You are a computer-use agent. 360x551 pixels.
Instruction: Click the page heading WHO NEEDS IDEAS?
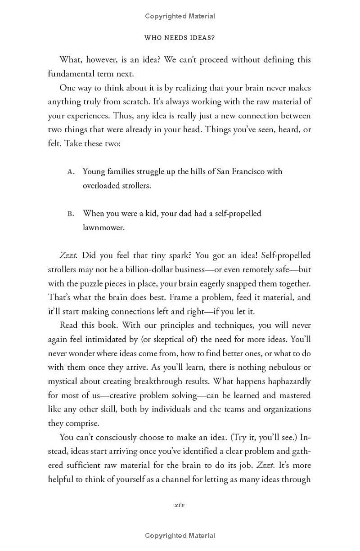(x=180, y=38)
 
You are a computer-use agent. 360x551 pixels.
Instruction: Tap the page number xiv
(x=180, y=505)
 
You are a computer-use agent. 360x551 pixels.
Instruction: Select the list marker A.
(x=71, y=172)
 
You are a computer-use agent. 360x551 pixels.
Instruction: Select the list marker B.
(x=71, y=214)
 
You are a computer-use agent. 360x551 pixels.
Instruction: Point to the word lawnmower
(x=103, y=228)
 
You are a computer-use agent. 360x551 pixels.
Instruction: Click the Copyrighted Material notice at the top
(x=180, y=16)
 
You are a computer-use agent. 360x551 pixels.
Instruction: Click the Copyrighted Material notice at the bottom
(x=180, y=535)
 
